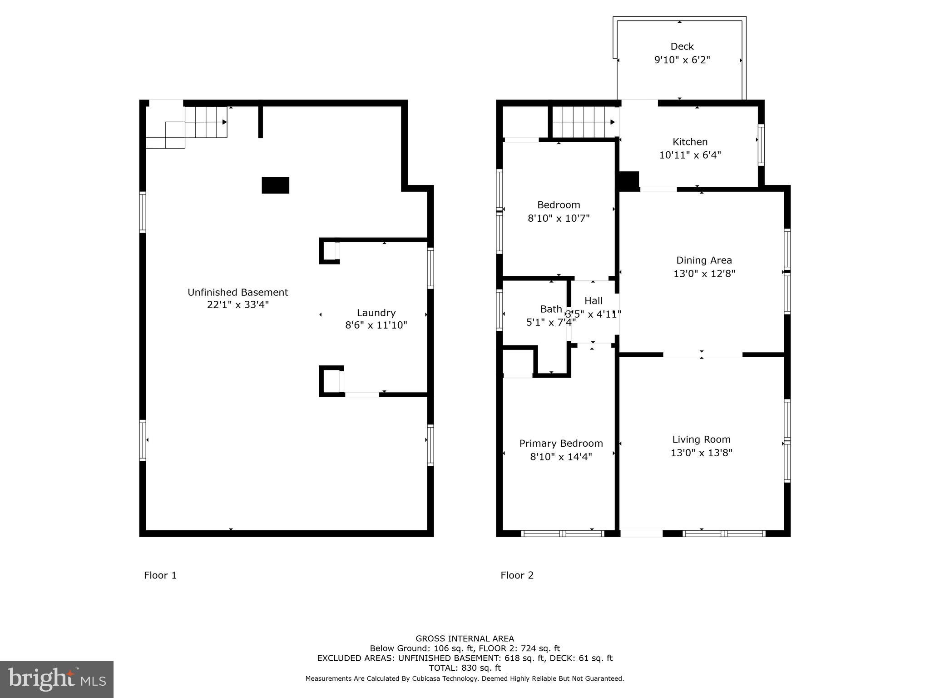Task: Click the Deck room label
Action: (682, 46)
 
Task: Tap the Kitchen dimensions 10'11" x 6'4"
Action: (690, 155)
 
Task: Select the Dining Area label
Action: (704, 260)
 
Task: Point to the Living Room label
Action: (701, 439)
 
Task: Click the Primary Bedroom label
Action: (561, 443)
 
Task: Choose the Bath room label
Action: (551, 309)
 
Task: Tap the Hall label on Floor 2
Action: (593, 300)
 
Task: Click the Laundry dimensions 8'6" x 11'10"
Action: (376, 325)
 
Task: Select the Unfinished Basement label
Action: (238, 292)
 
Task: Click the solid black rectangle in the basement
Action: (275, 185)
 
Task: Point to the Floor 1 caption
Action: (160, 575)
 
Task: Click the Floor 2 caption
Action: (517, 575)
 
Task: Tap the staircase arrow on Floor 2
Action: (612, 122)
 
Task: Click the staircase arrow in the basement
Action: (224, 122)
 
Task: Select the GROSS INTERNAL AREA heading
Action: (465, 638)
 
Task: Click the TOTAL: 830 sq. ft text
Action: (465, 668)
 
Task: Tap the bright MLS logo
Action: (57, 679)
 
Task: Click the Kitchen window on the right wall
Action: (761, 145)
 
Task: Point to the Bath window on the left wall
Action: (500, 310)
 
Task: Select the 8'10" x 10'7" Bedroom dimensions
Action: (558, 218)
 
